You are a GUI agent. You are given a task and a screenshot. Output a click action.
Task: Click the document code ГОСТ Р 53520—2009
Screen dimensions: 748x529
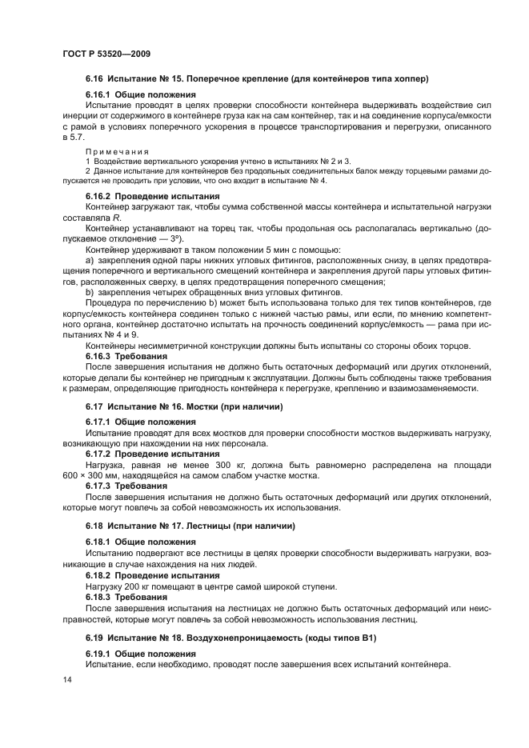(106, 53)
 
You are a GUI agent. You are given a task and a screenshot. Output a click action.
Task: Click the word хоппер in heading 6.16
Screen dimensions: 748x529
(411, 78)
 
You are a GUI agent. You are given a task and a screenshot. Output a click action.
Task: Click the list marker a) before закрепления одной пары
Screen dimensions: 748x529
(90, 261)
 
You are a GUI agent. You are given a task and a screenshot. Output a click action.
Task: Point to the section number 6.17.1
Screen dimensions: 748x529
(99, 421)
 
